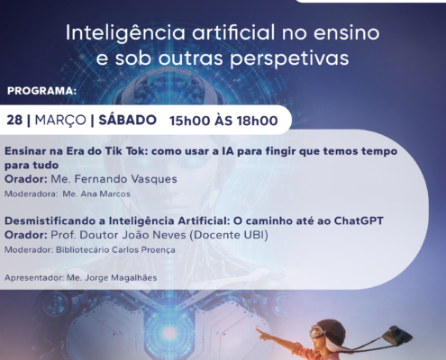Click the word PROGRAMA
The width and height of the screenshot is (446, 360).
[x=41, y=91]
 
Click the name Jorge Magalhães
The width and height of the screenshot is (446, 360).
[x=117, y=278]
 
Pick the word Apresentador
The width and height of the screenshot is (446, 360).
[x=33, y=278]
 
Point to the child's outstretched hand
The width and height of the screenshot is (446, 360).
[x=261, y=332]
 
